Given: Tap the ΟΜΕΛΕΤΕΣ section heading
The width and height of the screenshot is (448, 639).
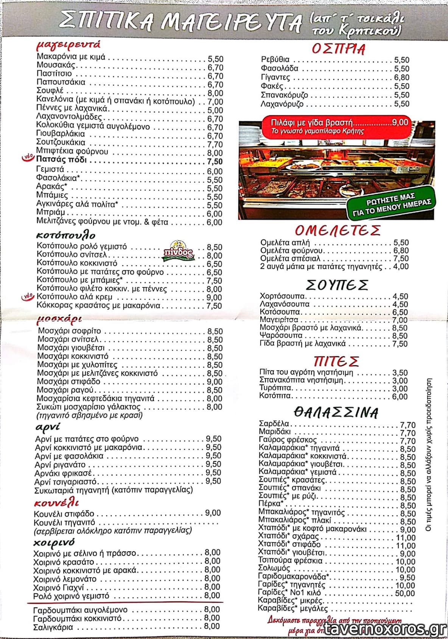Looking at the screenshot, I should coord(338,230).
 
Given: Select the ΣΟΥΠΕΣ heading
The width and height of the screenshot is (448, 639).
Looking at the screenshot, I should coord(337,285).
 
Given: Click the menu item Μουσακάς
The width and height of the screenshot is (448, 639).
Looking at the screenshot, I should coord(56,65).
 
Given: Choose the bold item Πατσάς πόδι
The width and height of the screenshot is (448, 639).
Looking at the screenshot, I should coord(61,160).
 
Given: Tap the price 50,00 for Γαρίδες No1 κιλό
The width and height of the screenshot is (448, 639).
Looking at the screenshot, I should coord(405,593).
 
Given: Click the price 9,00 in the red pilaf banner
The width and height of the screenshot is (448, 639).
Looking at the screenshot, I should coord(400,122).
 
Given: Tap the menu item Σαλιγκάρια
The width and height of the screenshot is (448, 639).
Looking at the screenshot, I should coord(53,627).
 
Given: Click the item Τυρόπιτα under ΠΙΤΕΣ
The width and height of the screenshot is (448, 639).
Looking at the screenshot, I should coord(275,388).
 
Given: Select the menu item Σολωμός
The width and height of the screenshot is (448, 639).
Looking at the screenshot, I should coord(274,569).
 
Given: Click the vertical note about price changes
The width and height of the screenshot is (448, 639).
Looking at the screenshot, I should coord(429,454).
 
